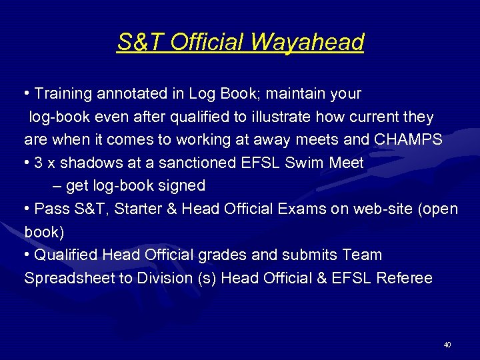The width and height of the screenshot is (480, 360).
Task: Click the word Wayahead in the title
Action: pyautogui.click(x=307, y=42)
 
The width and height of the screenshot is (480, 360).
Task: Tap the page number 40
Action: pyautogui.click(x=447, y=345)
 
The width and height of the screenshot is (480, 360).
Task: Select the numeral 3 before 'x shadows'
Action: pyautogui.click(x=39, y=163)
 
